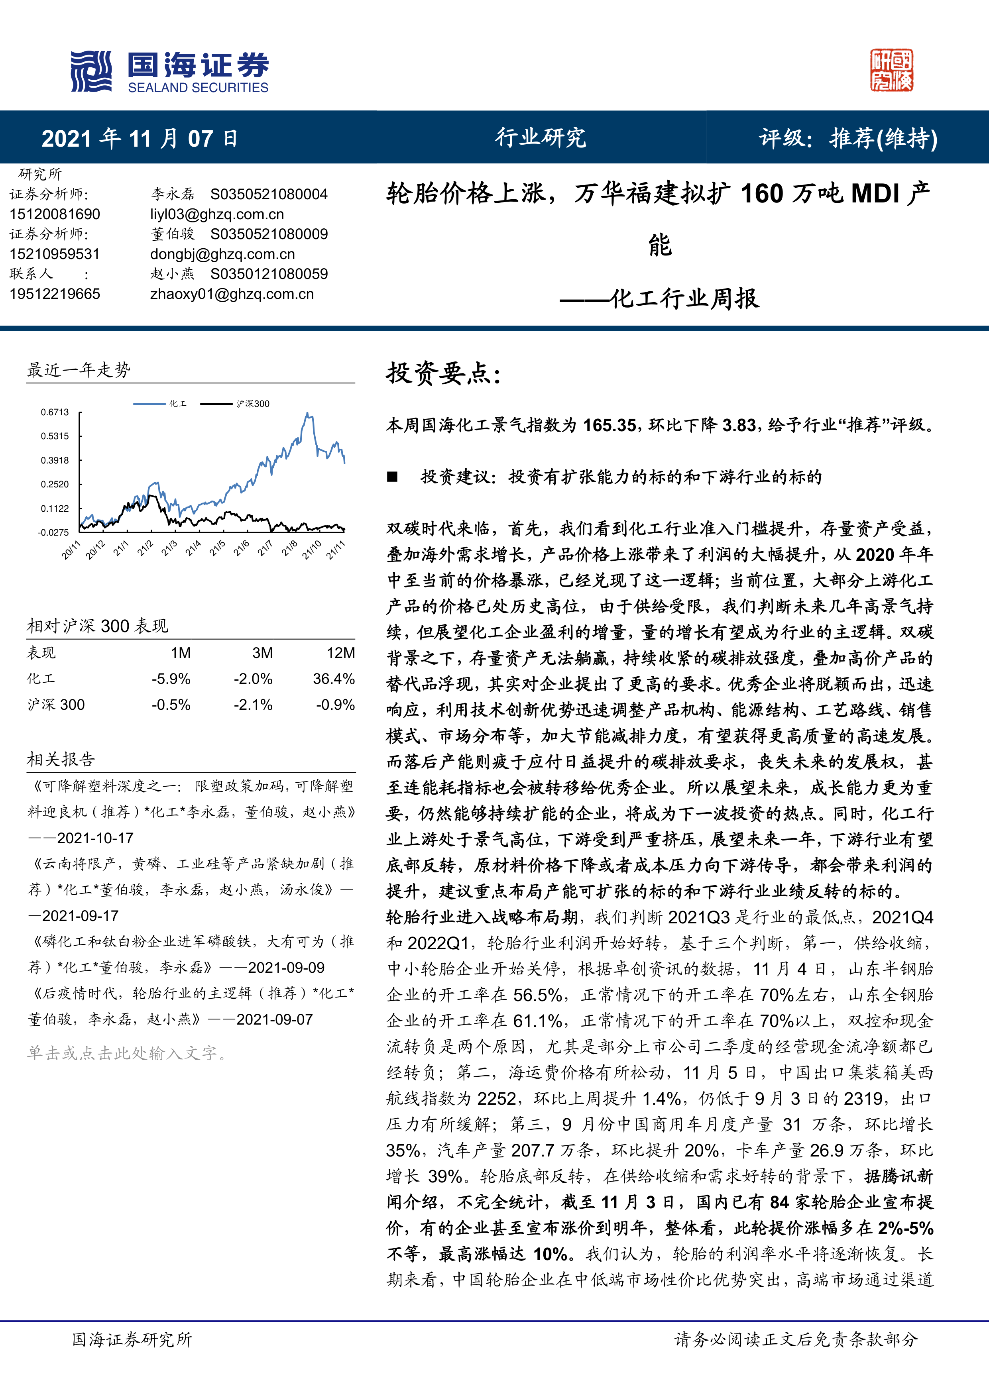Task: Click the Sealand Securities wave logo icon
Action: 91,71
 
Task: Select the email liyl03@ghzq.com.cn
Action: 217,214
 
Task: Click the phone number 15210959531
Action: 55,254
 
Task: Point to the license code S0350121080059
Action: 269,274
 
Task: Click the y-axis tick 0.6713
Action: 55,412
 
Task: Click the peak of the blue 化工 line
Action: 308,414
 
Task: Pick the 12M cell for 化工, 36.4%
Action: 334,679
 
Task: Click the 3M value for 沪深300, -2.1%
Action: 254,705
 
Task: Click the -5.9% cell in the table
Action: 171,679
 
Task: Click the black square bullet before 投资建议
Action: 392,477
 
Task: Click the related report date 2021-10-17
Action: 95,838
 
